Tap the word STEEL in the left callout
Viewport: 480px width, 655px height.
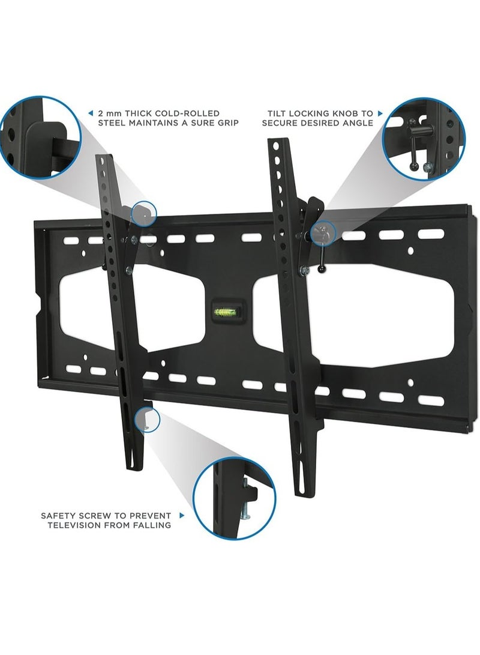click(x=113, y=123)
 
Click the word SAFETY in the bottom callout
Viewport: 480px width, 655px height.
click(x=58, y=515)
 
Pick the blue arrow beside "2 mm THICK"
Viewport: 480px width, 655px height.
click(x=90, y=113)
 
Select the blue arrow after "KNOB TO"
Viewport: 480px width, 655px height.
click(x=380, y=113)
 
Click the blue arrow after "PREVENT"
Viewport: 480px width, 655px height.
click(x=181, y=515)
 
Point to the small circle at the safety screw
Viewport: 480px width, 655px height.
click(x=148, y=418)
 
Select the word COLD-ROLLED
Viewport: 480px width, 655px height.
click(x=189, y=113)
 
